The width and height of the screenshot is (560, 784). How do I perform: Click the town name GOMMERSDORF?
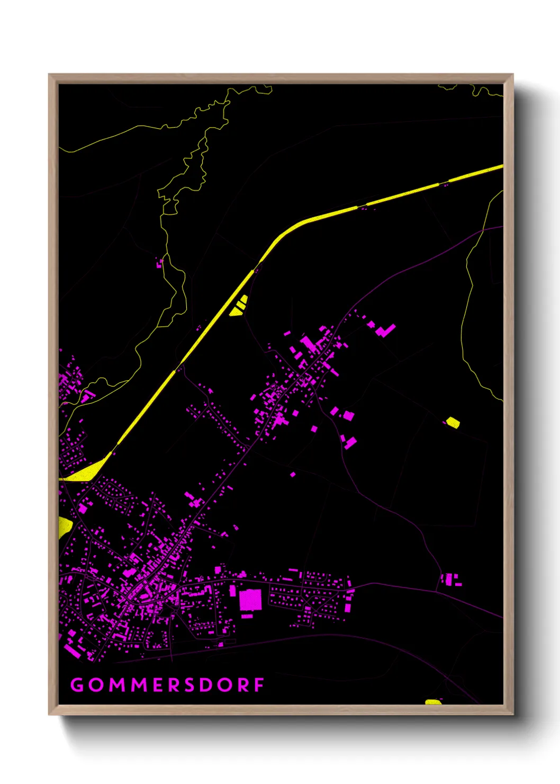tap(167, 685)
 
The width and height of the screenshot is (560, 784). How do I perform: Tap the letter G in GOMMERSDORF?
tap(77, 685)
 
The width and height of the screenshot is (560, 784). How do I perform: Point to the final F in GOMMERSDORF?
tap(259, 685)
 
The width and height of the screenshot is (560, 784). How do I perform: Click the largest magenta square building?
tap(250, 600)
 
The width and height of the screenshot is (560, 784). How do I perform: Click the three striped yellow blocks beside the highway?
tap(239, 306)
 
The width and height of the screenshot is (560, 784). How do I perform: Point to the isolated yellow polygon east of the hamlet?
tap(453, 422)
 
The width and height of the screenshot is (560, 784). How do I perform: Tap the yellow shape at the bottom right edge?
tap(433, 702)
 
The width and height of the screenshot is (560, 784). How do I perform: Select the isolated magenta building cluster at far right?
tap(450, 579)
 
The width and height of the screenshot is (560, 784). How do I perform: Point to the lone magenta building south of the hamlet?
tap(293, 474)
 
